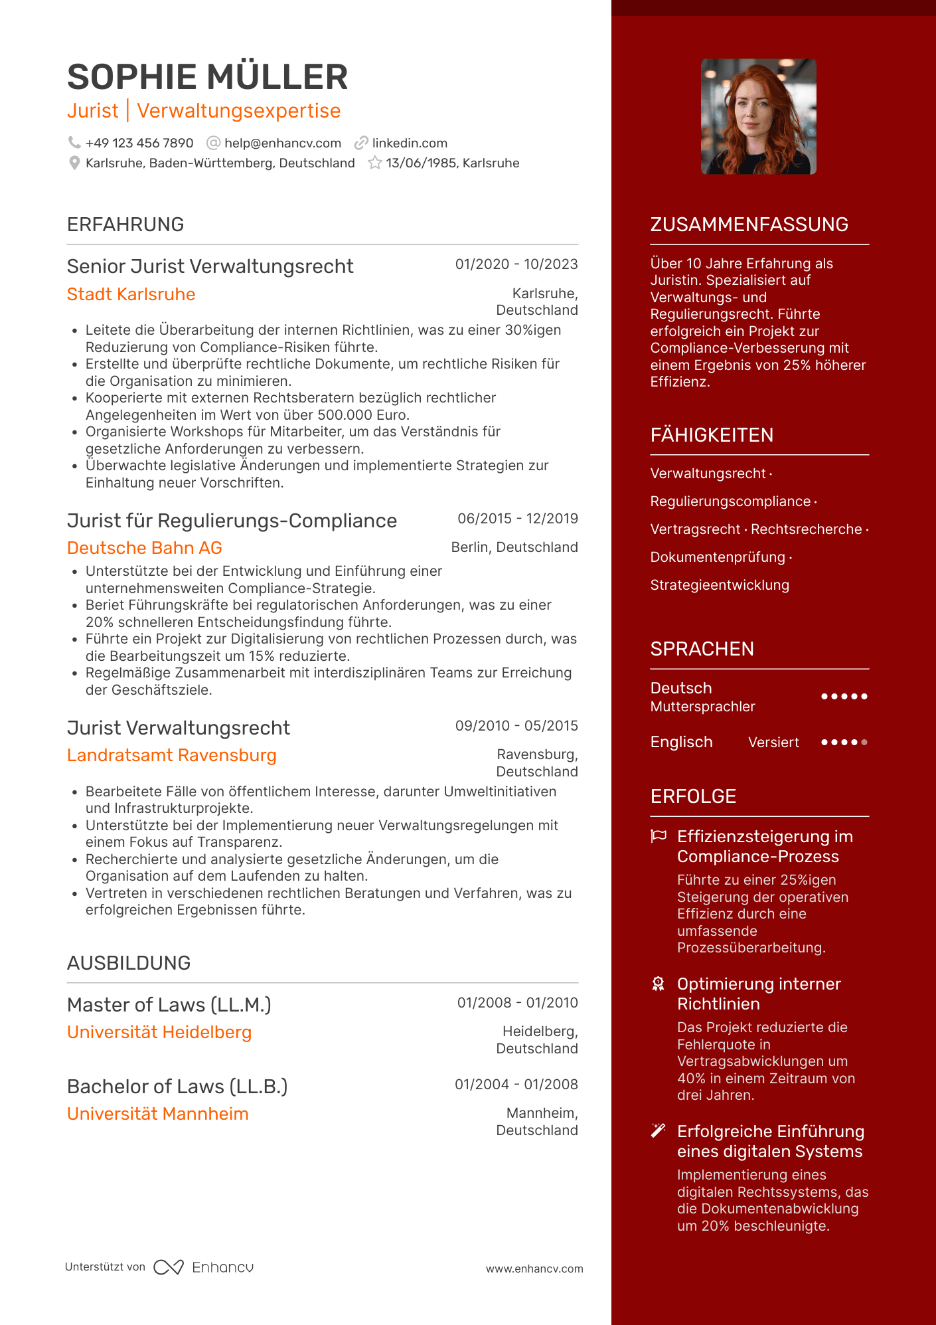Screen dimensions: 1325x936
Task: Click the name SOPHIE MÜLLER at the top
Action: click(207, 77)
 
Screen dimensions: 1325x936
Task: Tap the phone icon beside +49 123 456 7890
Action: click(74, 143)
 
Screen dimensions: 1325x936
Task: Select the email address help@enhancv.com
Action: click(283, 143)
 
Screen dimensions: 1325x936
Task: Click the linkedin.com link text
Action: click(410, 143)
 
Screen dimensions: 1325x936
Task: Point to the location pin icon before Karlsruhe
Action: click(74, 163)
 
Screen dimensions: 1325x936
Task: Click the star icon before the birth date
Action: click(375, 163)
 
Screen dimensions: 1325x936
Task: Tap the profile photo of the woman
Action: click(759, 117)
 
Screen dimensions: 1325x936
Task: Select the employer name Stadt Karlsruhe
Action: click(131, 294)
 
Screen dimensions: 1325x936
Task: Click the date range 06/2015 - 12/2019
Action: click(518, 519)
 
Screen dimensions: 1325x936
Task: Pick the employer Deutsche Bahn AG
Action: click(145, 548)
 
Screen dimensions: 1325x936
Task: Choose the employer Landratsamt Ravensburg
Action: click(172, 755)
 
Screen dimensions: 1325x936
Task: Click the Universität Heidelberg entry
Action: click(159, 1032)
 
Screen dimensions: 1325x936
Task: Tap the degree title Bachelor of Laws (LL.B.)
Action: click(177, 1087)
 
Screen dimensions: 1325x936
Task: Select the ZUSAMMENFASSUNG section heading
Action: click(749, 224)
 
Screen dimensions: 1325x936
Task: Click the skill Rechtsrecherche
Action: click(807, 529)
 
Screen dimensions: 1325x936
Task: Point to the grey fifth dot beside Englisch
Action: click(864, 743)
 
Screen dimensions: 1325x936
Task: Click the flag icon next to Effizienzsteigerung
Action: click(659, 836)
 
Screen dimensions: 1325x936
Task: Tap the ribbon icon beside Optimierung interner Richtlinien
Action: click(659, 984)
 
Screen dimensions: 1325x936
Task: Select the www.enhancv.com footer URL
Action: click(534, 1269)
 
